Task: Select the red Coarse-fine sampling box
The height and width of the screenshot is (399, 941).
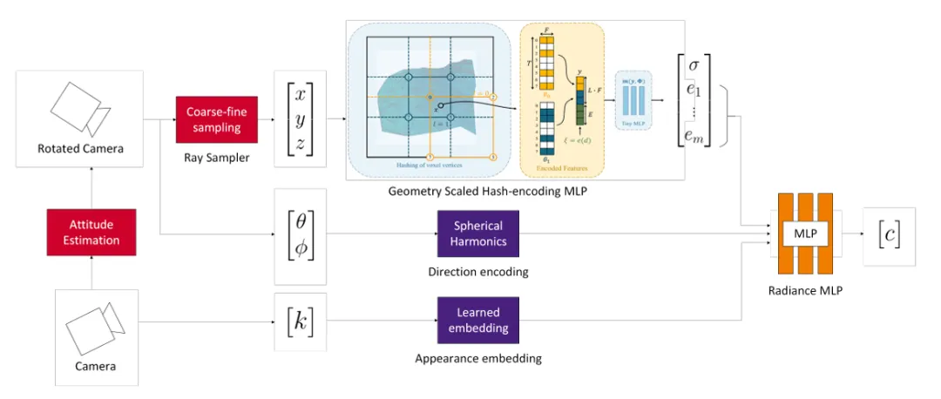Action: [216, 119]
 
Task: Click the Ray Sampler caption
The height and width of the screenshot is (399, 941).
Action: [216, 159]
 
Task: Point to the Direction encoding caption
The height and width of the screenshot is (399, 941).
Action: [478, 272]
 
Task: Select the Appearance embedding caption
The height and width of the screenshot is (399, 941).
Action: [478, 357]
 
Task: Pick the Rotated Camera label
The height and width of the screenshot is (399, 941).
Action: [79, 148]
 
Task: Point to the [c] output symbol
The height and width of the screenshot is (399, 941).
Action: [889, 233]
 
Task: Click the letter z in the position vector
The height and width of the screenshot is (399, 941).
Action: [300, 144]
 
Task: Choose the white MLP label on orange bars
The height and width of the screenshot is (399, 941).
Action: [805, 233]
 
